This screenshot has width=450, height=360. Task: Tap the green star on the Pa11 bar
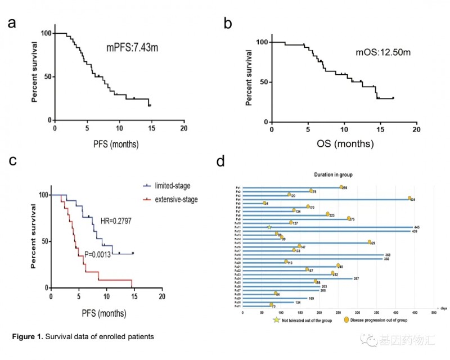[269, 227]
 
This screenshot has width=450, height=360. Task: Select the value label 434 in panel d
[412, 199]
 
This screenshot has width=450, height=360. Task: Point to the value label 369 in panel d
[388, 255]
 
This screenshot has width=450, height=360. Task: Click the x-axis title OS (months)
[343, 145]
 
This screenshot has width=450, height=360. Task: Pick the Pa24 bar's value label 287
[356, 278]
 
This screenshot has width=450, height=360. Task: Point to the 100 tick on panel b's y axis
[260, 42]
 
